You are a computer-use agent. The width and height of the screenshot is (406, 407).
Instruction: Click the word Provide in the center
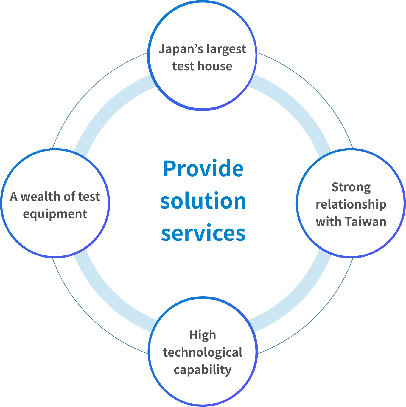(203, 169)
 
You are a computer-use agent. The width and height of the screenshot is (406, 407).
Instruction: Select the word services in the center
(203, 233)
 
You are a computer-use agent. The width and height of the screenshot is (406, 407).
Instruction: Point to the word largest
(226, 49)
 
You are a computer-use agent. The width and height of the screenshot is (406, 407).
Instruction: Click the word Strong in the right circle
(351, 188)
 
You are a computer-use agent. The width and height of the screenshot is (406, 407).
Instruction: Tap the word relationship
(351, 205)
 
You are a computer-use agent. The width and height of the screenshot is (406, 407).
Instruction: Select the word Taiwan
(366, 222)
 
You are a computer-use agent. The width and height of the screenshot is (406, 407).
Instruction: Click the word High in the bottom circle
(203, 335)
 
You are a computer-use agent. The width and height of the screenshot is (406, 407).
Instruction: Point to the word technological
(203, 352)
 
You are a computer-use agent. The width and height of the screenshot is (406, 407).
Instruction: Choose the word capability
(203, 370)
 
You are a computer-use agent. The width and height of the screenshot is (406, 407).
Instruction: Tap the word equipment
(55, 214)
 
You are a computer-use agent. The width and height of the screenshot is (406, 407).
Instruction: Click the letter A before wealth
(14, 197)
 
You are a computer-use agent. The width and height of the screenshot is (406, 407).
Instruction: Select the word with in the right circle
(329, 222)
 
